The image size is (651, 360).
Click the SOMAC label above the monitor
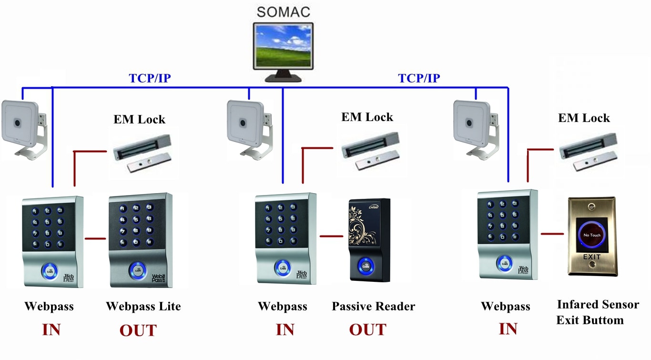pyautogui.click(x=283, y=11)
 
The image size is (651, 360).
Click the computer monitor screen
pyautogui.click(x=283, y=46)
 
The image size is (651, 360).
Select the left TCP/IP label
pyautogui.click(x=150, y=78)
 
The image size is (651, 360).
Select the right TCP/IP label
pyautogui.click(x=419, y=78)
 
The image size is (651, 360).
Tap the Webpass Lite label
pyautogui.click(x=143, y=306)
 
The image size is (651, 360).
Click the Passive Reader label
pyautogui.click(x=373, y=306)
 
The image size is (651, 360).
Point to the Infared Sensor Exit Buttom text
pyautogui.click(x=597, y=312)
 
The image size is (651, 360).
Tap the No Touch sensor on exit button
pyautogui.click(x=592, y=235)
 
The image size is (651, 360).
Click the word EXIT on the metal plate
pyautogui.click(x=592, y=257)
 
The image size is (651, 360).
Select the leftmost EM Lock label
pyautogui.click(x=139, y=119)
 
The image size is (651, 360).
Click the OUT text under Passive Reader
pyautogui.click(x=367, y=329)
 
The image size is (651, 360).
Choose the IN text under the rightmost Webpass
pyautogui.click(x=508, y=329)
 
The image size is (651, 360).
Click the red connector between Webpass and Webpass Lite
pyautogui.click(x=95, y=238)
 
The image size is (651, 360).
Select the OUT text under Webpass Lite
pyautogui.click(x=138, y=330)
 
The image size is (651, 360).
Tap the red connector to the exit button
pyautogui.click(x=552, y=234)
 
